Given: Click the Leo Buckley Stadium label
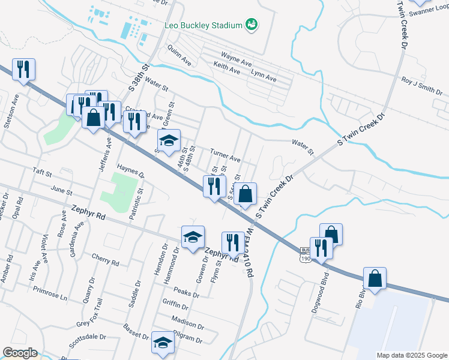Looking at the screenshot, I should tap(203, 25).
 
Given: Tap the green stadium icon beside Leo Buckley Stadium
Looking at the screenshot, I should tap(252, 25).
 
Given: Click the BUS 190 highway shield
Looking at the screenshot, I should tap(305, 254).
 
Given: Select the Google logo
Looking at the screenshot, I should tap(20, 353).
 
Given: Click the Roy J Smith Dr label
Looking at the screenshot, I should tap(421, 85).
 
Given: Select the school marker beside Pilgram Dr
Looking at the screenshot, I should tap(162, 342).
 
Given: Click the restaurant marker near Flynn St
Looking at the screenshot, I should tap(232, 242).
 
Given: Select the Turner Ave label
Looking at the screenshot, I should tap(225, 155).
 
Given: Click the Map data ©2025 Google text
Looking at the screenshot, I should tap(411, 355).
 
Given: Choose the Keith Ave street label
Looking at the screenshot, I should tap(226, 70).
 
